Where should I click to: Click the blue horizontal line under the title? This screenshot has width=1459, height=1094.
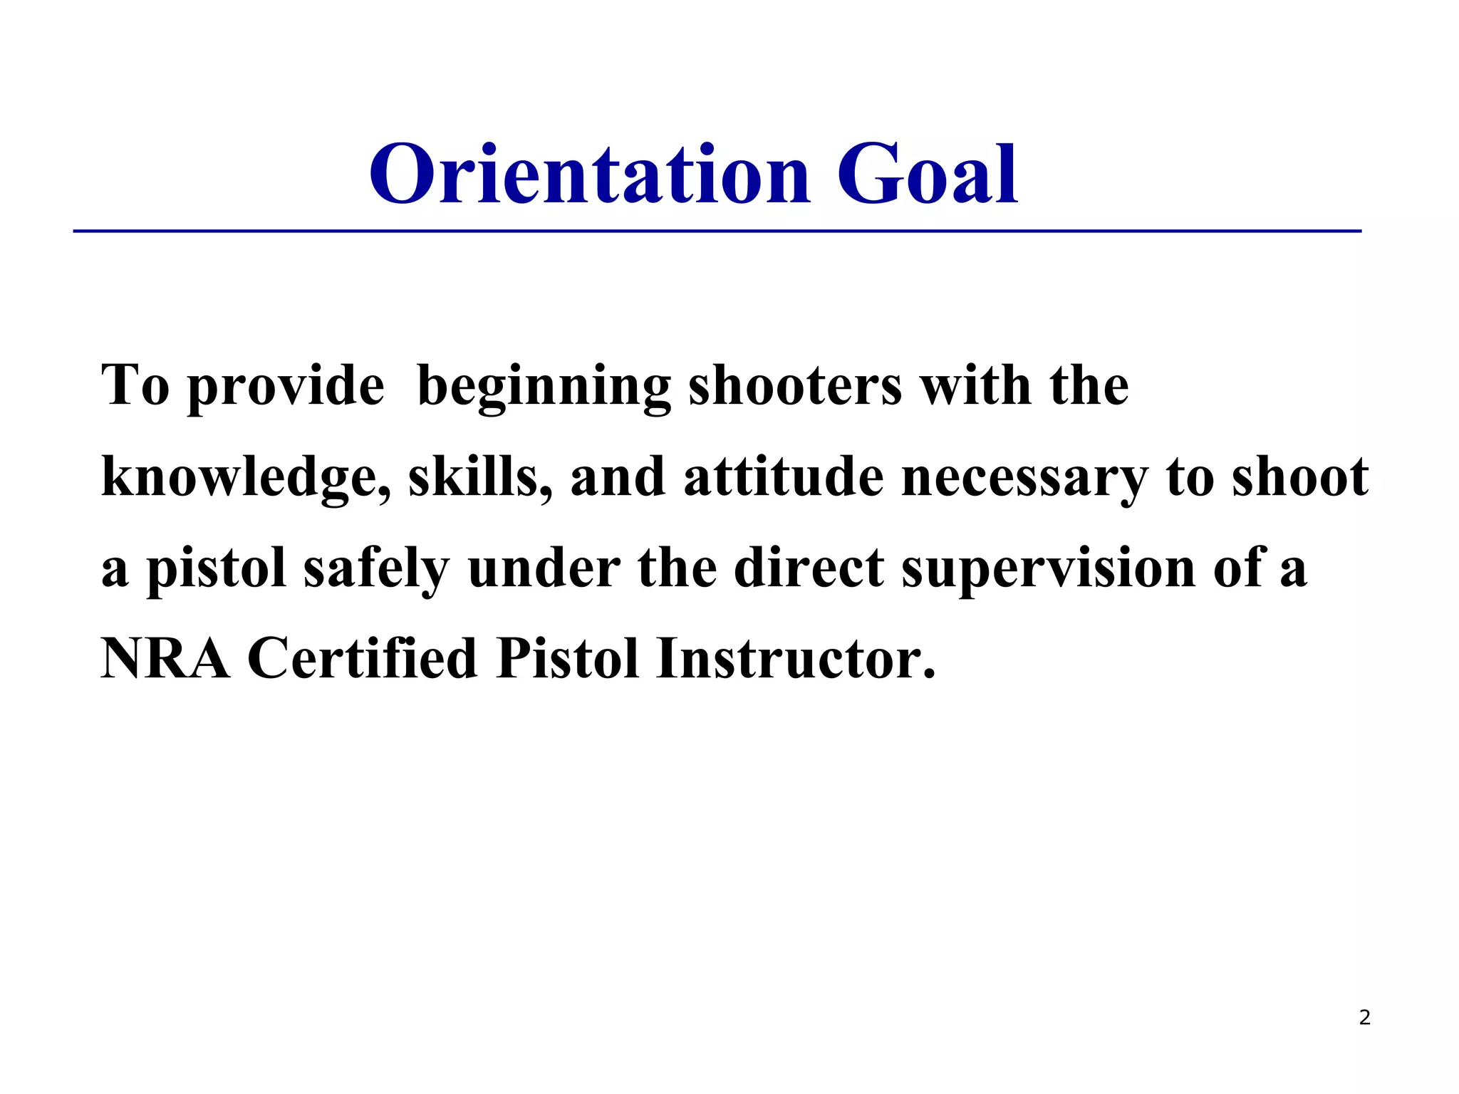717,231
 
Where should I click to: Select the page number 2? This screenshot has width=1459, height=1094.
1364,1018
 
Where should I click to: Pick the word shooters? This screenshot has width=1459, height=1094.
795,386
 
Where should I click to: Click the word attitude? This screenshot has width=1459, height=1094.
783,477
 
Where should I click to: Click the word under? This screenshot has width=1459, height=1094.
544,568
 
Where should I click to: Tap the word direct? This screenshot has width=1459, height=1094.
809,568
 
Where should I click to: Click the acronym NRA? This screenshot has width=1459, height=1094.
165,659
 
